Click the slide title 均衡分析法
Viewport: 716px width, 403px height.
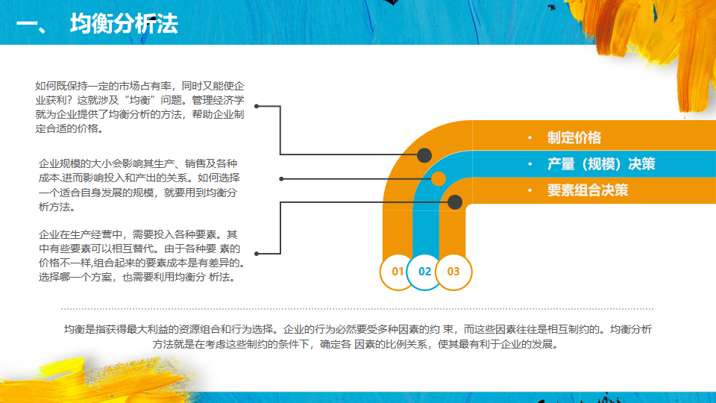[124, 24]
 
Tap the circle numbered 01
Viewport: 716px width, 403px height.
[398, 272]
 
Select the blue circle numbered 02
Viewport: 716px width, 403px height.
[425, 272]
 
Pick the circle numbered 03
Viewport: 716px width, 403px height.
[453, 272]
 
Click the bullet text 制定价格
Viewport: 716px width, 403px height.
[574, 138]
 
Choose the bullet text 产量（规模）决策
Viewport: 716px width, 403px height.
[601, 164]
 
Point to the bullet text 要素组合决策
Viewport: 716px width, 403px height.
[588, 190]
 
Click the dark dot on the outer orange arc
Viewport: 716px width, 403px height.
[424, 155]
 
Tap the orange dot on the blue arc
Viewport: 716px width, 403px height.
[439, 179]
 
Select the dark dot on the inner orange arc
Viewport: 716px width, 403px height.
[455, 201]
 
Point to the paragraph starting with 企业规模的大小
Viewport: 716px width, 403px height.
[139, 185]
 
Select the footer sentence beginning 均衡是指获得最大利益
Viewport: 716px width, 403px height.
[358, 337]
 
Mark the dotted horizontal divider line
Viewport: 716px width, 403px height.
[358, 308]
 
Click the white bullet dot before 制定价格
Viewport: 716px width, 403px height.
[529, 139]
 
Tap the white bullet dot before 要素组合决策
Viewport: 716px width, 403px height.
[529, 191]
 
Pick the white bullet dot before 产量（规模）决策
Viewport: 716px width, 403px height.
[529, 165]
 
